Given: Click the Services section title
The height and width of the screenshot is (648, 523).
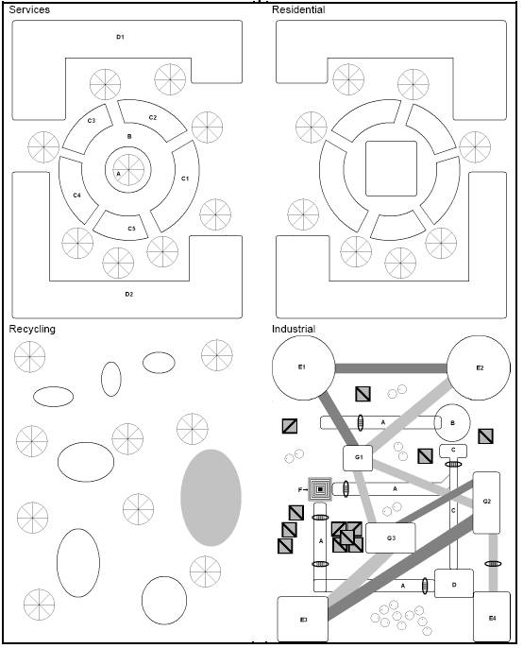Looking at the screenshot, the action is (29, 9).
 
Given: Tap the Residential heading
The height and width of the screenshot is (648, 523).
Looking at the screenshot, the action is (298, 9).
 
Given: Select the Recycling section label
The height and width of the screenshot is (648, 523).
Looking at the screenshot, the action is (32, 329).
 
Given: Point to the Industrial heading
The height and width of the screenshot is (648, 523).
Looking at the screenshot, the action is (294, 329).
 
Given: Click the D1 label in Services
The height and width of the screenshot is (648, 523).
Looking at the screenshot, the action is (120, 37).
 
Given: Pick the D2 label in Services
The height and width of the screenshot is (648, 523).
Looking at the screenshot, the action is (129, 295).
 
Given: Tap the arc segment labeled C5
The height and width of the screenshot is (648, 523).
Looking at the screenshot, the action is (122, 228).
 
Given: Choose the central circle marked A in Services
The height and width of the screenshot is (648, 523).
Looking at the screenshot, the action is (128, 169).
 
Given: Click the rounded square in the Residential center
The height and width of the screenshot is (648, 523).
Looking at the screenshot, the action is (391, 168).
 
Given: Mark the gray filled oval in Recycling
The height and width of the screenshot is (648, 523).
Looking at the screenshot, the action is (211, 498).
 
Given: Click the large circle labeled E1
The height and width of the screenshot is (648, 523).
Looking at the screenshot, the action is (303, 367).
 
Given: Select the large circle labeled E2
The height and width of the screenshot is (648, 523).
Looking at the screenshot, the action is (479, 367).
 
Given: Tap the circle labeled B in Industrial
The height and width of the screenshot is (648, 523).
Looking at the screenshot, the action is (452, 423).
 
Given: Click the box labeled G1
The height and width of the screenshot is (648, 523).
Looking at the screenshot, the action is (358, 458).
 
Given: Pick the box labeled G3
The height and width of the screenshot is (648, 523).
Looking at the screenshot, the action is (391, 537).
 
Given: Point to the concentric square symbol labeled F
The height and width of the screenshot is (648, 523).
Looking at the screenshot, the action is (320, 489).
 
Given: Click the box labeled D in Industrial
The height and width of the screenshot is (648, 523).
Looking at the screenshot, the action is (453, 583).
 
